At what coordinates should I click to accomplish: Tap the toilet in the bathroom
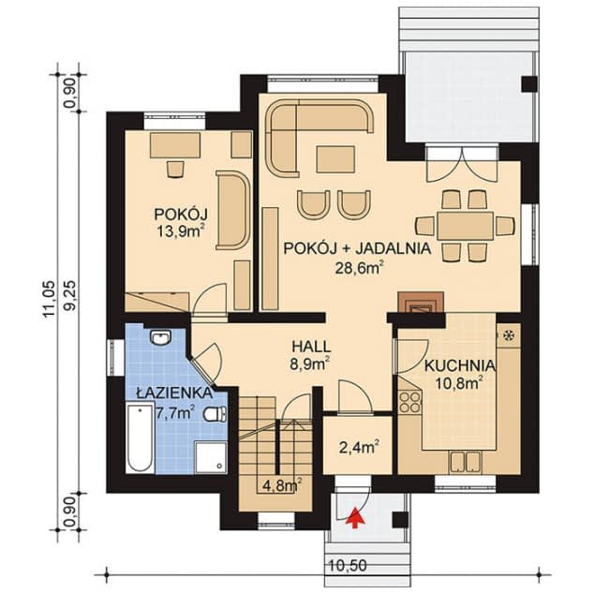click(215, 414)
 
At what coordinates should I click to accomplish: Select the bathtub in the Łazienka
click(141, 438)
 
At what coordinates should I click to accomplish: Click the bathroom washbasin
click(161, 337)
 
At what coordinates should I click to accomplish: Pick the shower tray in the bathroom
click(212, 457)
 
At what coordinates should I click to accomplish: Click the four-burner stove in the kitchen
click(410, 402)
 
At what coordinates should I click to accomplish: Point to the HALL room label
click(311, 347)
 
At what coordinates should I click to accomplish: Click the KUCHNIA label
click(459, 366)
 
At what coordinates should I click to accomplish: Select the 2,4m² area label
click(360, 448)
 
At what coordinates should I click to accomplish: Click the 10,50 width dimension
click(348, 566)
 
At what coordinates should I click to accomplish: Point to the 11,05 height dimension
click(50, 299)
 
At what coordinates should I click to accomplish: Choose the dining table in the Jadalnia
click(465, 226)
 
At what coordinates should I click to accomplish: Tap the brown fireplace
click(421, 302)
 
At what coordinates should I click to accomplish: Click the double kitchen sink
click(466, 462)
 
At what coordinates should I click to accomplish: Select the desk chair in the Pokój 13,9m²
click(175, 169)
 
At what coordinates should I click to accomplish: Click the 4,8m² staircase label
click(282, 485)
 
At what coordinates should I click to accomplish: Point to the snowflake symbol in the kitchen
click(509, 335)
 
